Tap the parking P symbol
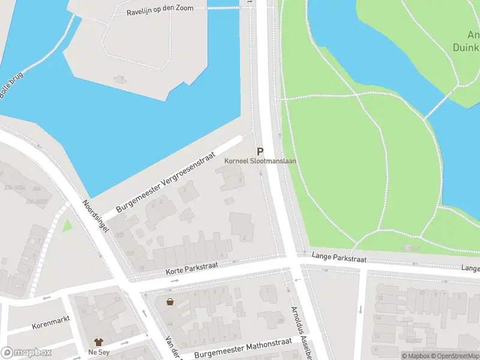coord(260,152)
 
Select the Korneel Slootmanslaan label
coord(260,161)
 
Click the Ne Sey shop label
coord(98,352)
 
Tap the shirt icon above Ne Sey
coord(98,342)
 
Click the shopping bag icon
coord(170,301)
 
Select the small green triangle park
coord(67,226)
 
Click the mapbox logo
coord(25,353)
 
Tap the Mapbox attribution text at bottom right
coord(416,356)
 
